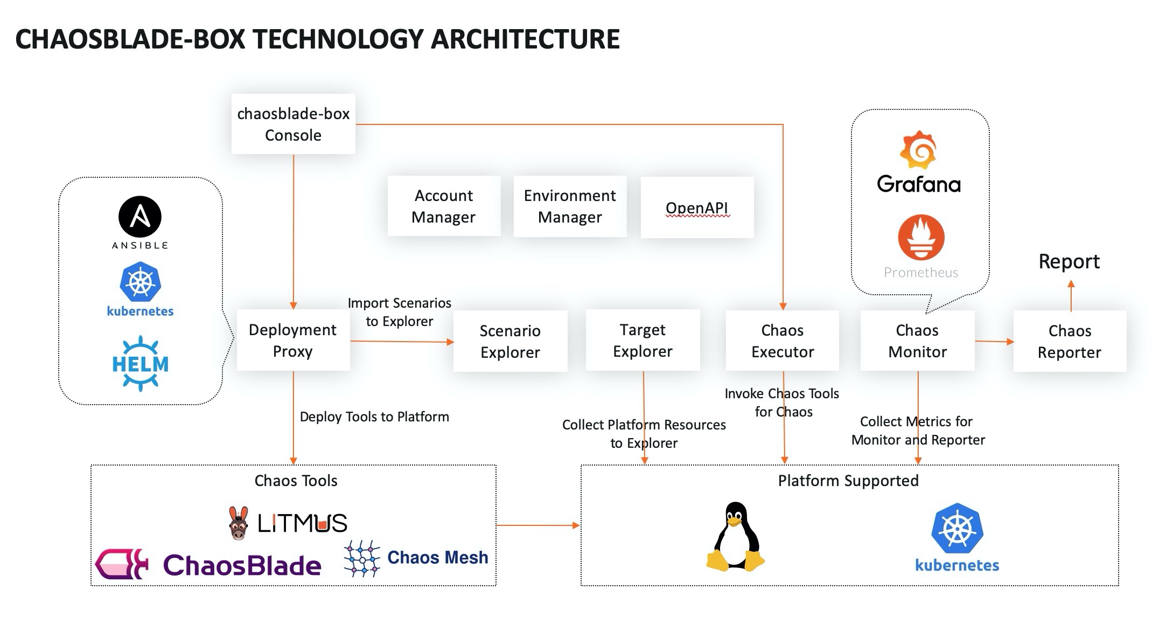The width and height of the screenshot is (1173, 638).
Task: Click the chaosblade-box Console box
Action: pos(293,124)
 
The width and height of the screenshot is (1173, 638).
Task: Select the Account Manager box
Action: pos(443,206)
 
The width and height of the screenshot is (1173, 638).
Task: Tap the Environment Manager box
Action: pos(570,206)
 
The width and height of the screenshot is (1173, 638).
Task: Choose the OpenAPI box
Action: pos(697,207)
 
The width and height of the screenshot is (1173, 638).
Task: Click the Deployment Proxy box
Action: pos(293,341)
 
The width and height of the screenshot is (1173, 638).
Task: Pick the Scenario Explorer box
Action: pos(510,341)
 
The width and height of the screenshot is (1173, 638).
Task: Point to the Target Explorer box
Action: pos(643,341)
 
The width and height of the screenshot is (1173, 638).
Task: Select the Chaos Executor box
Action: pos(782,341)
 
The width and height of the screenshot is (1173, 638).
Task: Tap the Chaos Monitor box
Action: pos(917,341)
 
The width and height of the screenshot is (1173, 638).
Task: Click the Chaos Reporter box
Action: pos(1070,341)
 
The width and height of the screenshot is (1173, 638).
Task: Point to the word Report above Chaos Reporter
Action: pos(1069,261)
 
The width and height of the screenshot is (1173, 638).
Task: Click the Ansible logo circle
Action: pos(140,217)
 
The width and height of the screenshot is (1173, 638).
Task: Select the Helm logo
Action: pos(140,364)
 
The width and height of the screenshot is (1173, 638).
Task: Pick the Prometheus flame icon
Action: pos(921,237)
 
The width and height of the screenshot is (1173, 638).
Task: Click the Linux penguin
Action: pos(736,537)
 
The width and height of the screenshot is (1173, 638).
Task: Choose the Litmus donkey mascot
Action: pos(238,523)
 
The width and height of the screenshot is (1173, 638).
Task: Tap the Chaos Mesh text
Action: pos(437,557)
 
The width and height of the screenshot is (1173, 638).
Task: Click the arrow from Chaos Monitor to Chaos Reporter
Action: pos(994,341)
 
